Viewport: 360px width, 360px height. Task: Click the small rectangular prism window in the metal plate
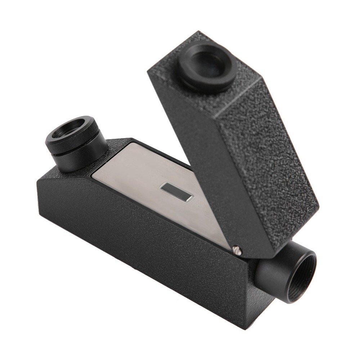click(177, 191)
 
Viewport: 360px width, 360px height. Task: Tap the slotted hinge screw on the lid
click(237, 250)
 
